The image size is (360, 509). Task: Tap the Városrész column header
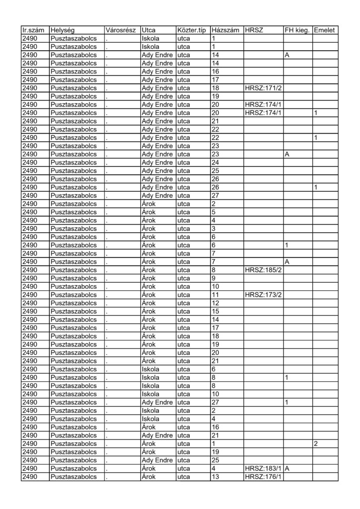[x=122, y=30]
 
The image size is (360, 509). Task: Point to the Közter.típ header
[x=192, y=30]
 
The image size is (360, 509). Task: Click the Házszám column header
[x=226, y=30]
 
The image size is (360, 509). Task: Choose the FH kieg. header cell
[x=297, y=30]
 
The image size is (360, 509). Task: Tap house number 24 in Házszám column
[x=215, y=162]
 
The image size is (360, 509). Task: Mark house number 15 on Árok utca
[x=215, y=311]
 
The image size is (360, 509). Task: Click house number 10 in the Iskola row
[x=215, y=394]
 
